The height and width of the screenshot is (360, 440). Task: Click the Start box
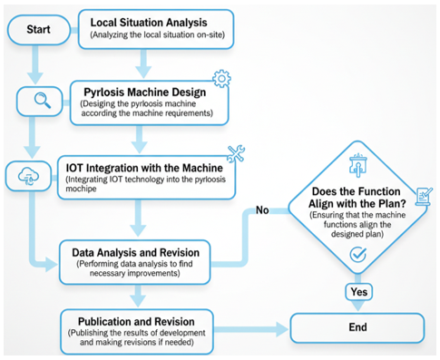(39, 30)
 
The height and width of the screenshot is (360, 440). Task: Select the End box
(357, 327)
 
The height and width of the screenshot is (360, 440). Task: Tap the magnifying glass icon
(43, 101)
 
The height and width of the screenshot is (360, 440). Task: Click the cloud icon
(28, 176)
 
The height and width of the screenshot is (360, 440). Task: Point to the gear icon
(221, 79)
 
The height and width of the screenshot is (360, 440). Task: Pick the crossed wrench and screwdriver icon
(236, 153)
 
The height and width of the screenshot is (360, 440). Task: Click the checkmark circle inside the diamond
(358, 254)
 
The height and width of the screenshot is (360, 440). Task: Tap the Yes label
(359, 292)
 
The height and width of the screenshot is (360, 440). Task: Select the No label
(262, 210)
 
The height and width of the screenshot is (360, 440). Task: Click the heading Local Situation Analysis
(149, 23)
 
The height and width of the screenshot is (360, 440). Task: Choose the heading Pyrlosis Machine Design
(145, 92)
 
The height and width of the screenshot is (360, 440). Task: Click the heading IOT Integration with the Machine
(144, 168)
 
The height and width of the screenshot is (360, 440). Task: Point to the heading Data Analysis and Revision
(135, 252)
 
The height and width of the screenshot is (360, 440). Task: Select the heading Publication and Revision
(136, 322)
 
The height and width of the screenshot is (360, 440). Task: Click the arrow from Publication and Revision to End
(251, 329)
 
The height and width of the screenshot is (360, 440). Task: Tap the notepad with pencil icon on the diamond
(424, 196)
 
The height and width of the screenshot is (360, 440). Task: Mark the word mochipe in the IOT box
(81, 189)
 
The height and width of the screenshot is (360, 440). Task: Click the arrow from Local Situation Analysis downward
(143, 63)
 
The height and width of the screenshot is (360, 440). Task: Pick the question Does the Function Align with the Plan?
(357, 198)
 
